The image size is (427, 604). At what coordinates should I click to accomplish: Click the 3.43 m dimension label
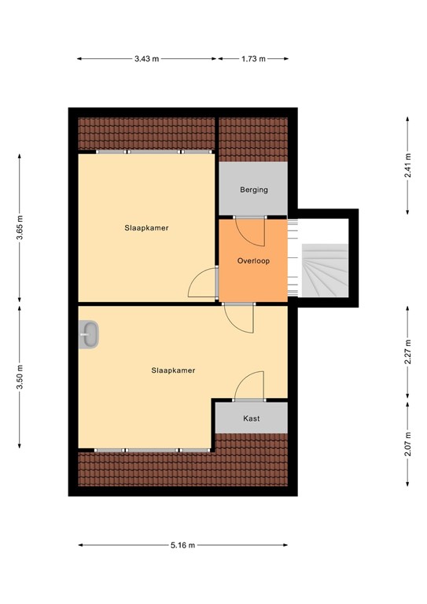147,58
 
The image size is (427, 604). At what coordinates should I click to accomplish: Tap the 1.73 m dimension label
253,58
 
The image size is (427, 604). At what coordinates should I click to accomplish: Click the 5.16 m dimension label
182,544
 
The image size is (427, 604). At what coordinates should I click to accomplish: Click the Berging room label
254,190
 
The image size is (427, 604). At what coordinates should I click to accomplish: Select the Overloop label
254,260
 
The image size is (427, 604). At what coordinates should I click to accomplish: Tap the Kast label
252,418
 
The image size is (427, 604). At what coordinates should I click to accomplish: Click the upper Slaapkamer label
146,228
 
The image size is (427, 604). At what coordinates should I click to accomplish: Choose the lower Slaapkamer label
173,370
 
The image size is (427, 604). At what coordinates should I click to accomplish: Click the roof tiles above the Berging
253,139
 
